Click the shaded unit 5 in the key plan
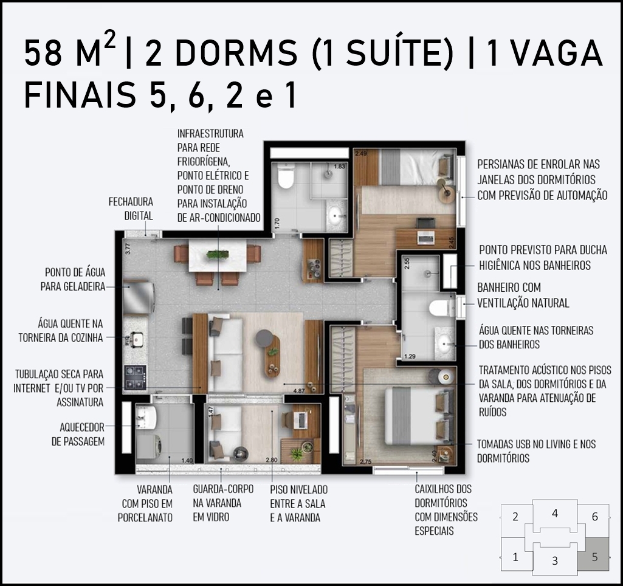(x=594, y=554)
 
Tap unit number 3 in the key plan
(x=555, y=560)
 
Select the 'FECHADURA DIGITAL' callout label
(x=131, y=209)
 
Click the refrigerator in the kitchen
(x=139, y=297)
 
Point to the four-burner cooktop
(x=135, y=377)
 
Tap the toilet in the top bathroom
(x=285, y=176)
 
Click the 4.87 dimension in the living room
(x=299, y=390)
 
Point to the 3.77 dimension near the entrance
(x=128, y=248)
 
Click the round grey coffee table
(x=264, y=339)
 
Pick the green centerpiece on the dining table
(x=218, y=254)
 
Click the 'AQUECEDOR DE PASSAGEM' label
(x=78, y=434)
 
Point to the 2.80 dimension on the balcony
(x=272, y=460)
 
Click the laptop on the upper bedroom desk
(x=426, y=237)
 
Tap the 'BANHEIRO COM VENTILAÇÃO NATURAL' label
(x=523, y=295)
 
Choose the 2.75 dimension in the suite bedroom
(x=365, y=461)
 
